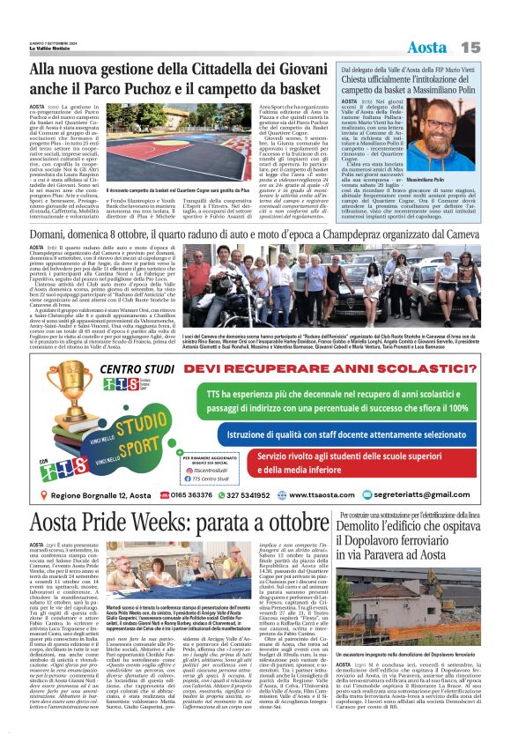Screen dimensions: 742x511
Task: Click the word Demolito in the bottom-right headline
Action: (x=370, y=528)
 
